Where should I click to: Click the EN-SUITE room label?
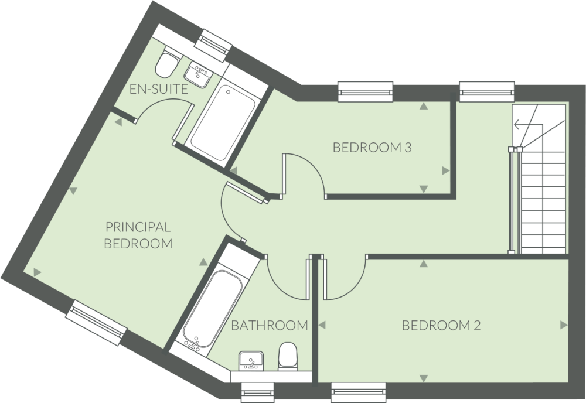[x=158, y=90]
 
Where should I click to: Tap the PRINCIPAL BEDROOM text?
[x=138, y=235]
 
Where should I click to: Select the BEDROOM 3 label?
[x=372, y=148]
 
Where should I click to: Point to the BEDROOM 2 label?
[x=441, y=326]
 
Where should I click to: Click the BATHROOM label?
[x=269, y=325]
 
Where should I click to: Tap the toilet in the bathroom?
[x=288, y=356]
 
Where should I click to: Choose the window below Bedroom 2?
[x=358, y=390]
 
